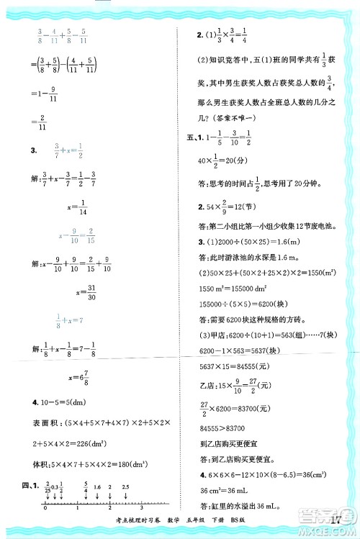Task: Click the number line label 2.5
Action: (x=125, y=488)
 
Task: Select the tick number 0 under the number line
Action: (x=45, y=509)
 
